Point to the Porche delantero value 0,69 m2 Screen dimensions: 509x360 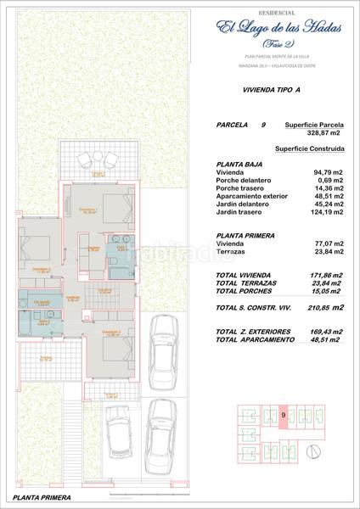[x=328, y=181]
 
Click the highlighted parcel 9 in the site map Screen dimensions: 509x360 [x=282, y=416]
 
